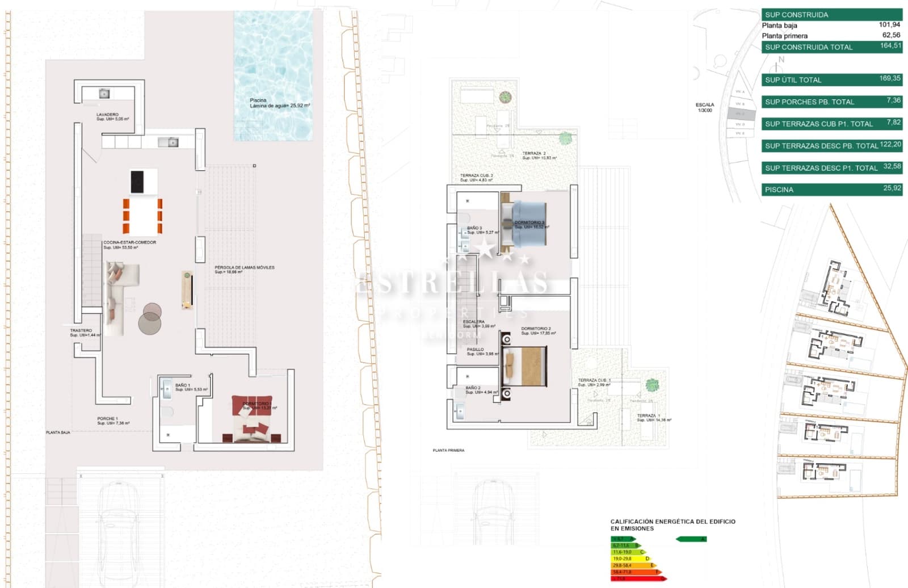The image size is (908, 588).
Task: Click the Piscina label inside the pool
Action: [x=258, y=100]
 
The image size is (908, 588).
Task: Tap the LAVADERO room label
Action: [x=108, y=115]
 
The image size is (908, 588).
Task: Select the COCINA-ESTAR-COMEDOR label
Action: [x=129, y=242]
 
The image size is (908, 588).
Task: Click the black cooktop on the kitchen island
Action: [x=137, y=182]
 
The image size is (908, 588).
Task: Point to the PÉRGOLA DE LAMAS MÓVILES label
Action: [x=244, y=267]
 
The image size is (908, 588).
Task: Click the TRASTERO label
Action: [x=81, y=330]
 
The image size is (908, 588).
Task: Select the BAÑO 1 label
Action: [x=183, y=385]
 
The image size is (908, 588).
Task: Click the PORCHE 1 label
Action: [x=107, y=418]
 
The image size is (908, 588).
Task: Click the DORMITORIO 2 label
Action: [x=536, y=329]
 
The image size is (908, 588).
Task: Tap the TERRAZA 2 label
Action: [x=534, y=153]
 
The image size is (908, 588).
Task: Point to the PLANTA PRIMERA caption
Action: [x=448, y=450]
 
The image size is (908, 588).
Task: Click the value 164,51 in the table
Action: [x=890, y=46]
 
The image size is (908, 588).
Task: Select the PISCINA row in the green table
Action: [x=831, y=190]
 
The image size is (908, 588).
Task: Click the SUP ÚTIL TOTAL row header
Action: [x=793, y=80]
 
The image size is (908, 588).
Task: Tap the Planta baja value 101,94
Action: [x=889, y=25]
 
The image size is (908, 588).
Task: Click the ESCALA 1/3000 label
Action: [x=705, y=107]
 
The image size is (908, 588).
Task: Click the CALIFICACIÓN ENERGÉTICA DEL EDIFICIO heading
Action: [x=672, y=521]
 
